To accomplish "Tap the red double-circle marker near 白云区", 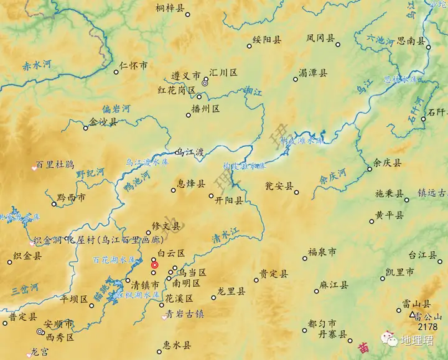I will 155,264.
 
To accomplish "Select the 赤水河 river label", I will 37,65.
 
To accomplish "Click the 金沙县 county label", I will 103,122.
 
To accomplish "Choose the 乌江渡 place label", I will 190,152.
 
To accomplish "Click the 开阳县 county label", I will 230,201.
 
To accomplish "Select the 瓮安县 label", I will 279,185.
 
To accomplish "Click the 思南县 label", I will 411,42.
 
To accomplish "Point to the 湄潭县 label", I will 313,73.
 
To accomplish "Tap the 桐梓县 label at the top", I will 170,8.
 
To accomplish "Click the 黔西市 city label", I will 71,198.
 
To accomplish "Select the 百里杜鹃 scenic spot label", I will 55,165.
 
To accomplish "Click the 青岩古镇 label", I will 185,315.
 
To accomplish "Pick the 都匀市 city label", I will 322,324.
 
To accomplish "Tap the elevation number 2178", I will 429,326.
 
